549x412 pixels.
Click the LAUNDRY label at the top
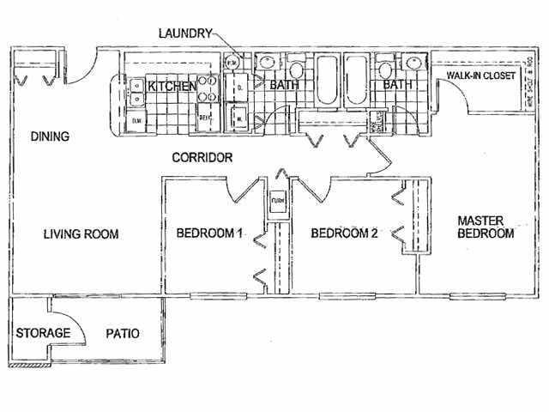coord(185,33)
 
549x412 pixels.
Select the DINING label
coord(49,136)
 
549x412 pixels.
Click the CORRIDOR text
coord(203,158)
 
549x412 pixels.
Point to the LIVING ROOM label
coord(81,234)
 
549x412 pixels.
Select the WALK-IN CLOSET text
coord(480,76)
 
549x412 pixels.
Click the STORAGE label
coord(38,333)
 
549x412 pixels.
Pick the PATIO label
coord(123,333)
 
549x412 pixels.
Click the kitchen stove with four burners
coord(207,91)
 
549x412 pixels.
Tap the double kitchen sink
coord(136,91)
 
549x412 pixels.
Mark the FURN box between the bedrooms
coord(277,202)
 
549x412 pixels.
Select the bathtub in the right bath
coord(356,79)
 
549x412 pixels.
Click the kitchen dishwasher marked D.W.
coord(137,121)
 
